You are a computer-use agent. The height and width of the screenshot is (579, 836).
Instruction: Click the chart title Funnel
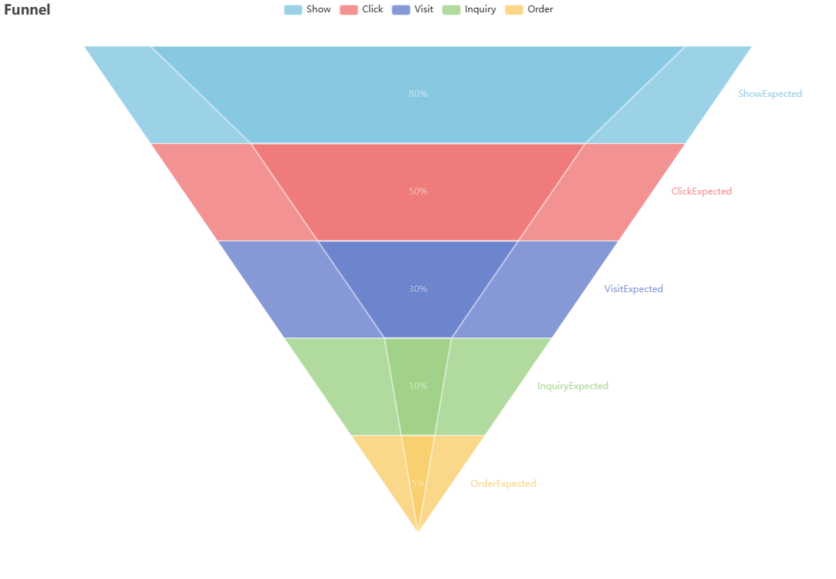coord(27,10)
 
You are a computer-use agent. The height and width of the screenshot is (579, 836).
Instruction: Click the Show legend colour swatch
coord(293,10)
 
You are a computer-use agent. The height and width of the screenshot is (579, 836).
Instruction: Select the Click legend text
coord(373,10)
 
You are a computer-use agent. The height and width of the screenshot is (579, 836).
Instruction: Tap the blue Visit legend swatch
coord(400,10)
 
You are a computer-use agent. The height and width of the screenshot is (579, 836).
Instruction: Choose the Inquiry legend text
coord(480,10)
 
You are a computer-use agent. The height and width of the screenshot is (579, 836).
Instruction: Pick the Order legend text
coord(540,10)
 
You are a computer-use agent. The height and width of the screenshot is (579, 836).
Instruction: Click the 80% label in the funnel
coord(418,94)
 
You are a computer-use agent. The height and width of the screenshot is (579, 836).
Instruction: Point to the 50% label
coord(418,191)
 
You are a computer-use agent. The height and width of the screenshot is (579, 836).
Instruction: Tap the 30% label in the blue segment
coord(418,289)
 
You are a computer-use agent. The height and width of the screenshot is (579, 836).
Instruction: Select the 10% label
coord(418,386)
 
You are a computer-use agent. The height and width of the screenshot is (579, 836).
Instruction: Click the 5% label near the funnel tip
coord(418,484)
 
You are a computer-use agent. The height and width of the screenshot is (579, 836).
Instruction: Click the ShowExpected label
coord(770,94)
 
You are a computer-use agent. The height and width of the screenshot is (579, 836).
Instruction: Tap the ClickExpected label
coord(702,191)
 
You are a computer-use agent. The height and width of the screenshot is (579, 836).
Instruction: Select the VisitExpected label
coord(633,289)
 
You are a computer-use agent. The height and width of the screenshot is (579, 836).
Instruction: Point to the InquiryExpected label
coord(572,386)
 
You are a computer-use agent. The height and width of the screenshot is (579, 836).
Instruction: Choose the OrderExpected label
coord(503,484)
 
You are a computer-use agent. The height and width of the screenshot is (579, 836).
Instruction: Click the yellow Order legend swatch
coord(513,10)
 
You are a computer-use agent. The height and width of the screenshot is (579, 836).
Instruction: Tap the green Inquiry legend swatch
coord(451,10)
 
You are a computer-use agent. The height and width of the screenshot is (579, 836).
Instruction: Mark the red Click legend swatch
coord(349,10)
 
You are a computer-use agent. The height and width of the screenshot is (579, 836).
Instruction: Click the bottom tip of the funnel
coord(418,530)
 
